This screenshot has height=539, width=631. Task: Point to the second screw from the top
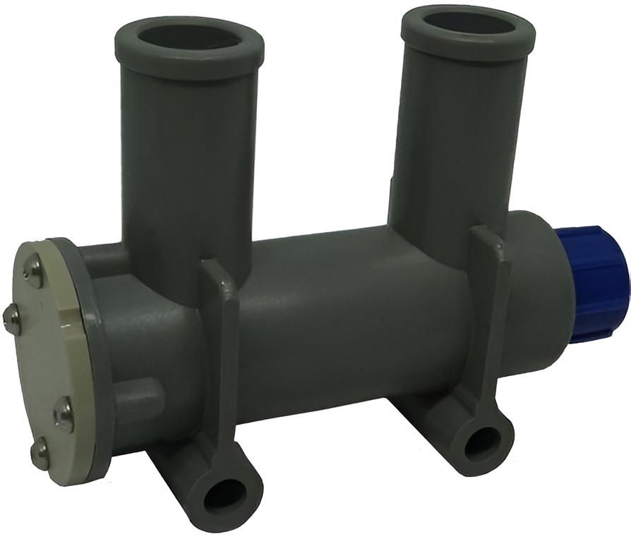10,319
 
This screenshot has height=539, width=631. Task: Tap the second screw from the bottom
63,413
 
